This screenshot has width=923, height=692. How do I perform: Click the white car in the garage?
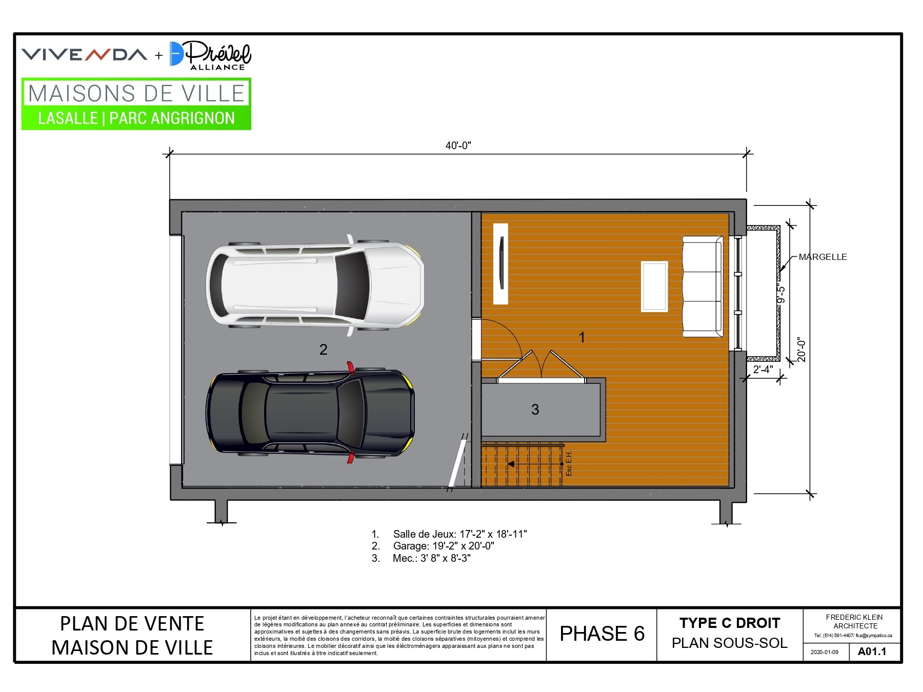point(315,285)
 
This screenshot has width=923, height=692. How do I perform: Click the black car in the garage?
point(310,413)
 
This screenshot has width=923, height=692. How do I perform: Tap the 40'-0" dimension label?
point(458,146)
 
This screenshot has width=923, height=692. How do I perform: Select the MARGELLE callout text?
point(822,257)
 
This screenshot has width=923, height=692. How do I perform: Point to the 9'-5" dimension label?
point(780,294)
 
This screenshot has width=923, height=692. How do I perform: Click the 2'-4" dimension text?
point(763,369)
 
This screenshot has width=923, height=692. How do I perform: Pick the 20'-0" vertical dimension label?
point(801,350)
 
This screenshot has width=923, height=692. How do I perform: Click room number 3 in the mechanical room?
point(535,409)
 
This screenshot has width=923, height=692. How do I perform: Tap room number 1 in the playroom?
point(582,337)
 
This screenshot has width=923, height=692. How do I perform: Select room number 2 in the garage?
point(323,350)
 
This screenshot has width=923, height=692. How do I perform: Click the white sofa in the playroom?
point(703,287)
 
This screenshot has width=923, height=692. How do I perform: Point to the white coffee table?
point(654,286)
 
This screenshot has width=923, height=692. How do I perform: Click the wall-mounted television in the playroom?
point(501,263)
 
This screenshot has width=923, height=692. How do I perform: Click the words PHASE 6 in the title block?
point(602,634)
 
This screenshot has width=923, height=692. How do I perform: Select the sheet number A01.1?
point(872,652)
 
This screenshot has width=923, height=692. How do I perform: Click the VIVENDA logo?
point(85,54)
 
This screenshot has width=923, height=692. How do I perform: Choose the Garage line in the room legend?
point(433,546)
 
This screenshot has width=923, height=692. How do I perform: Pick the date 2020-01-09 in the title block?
point(825,652)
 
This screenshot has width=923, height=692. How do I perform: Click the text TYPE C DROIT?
point(730,623)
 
